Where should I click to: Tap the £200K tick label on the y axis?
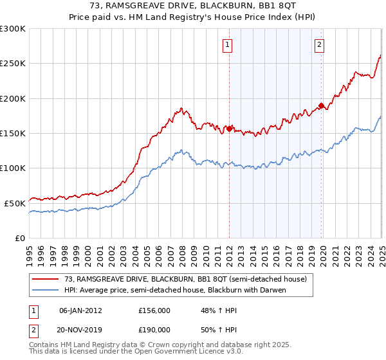point(13,98)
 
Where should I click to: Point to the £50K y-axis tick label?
point(15,203)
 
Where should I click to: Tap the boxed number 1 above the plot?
point(228,45)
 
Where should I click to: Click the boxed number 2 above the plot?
point(320,45)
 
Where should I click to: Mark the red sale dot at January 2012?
point(229,129)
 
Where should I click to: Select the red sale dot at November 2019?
point(321,105)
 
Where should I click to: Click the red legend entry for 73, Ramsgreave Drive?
point(186,279)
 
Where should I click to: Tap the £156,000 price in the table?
point(154,310)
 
